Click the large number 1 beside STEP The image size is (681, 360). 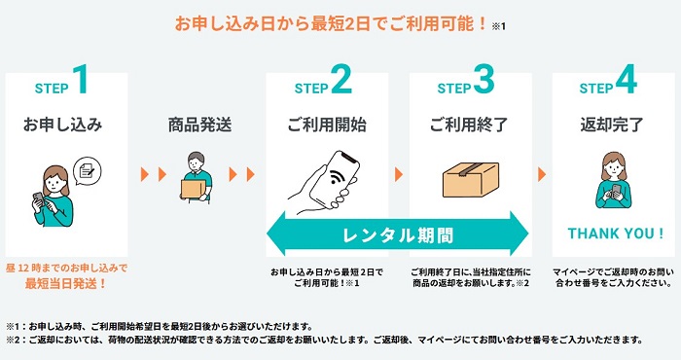click(81, 79)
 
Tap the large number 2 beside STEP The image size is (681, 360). click(341, 79)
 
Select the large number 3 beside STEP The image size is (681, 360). click(484, 79)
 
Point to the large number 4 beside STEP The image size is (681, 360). click(627, 79)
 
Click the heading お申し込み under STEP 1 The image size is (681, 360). click(63, 126)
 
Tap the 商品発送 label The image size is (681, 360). click(199, 126)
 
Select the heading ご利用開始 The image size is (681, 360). click(327, 126)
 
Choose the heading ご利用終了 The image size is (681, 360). click(469, 126)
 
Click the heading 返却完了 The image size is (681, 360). click(612, 126)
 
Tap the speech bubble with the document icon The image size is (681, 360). click(88, 171)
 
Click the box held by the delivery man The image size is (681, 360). click(193, 190)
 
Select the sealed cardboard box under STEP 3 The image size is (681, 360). click(471, 180)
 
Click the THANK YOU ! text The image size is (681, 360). click(616, 234)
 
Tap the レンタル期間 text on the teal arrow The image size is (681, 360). click(398, 235)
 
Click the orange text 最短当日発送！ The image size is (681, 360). click(66, 284)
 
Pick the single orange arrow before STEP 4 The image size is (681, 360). click(542, 174)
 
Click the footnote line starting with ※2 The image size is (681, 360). click(324, 340)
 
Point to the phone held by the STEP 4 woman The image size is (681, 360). click(616, 190)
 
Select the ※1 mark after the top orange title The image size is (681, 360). click(498, 26)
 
